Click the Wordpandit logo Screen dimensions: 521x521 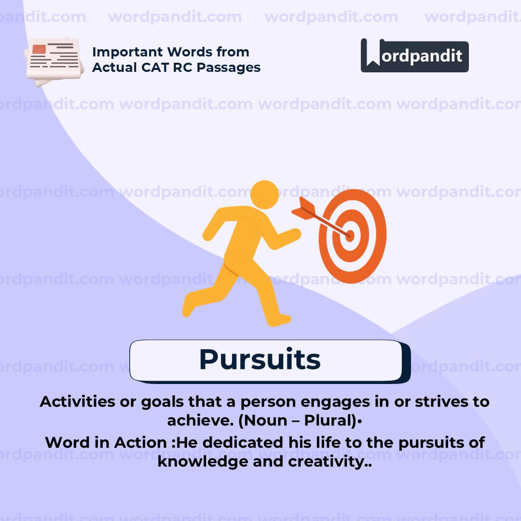(414, 55)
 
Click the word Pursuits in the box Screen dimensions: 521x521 (260, 359)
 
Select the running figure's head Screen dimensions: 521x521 (264, 195)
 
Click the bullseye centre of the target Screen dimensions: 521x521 (350, 235)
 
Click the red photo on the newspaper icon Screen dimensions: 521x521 (39, 49)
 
